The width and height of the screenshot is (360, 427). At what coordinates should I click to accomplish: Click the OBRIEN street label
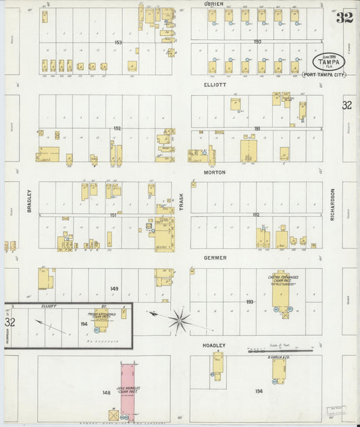point(213,3)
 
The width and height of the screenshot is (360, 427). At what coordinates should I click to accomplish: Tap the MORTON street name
point(214,172)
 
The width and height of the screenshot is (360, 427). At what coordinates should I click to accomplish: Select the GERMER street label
point(214,258)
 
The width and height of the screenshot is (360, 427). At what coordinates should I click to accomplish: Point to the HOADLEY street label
point(214,345)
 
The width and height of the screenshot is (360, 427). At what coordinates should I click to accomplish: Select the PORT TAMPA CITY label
point(324,74)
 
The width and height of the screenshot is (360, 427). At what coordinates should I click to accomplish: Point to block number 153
point(118,43)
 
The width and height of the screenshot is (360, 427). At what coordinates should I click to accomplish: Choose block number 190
point(257,42)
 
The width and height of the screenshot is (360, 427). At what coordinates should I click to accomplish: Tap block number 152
point(117,128)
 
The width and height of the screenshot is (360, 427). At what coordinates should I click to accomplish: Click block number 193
point(249,301)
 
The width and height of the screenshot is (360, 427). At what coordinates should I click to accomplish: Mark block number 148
point(106,393)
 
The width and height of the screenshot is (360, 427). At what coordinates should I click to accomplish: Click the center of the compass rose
point(180,319)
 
